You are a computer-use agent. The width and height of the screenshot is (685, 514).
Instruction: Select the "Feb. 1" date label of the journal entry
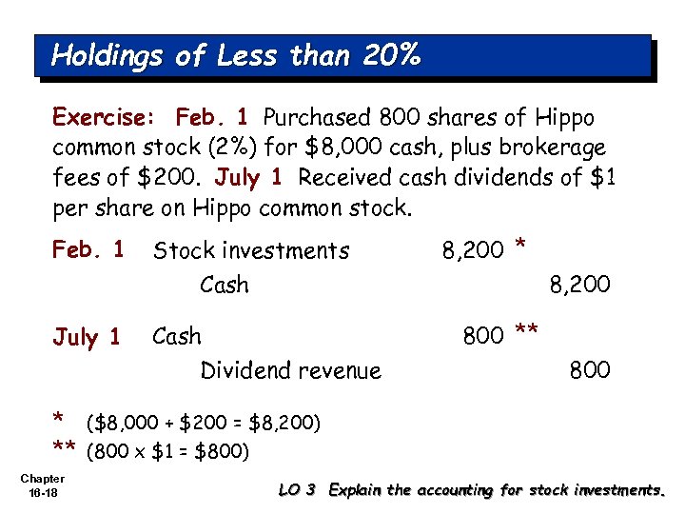[x=88, y=249]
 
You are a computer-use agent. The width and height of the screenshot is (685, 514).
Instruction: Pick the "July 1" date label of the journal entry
[x=87, y=336]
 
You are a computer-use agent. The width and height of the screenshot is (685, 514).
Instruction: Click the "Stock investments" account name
[x=251, y=250]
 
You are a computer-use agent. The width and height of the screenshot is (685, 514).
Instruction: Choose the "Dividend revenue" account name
[x=290, y=370]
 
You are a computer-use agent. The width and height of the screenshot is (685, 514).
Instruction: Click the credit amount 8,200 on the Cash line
[x=579, y=284]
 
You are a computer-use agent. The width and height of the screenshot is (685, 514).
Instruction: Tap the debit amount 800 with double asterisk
[x=483, y=335]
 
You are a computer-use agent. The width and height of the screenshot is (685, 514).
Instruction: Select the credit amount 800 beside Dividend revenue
[x=590, y=369]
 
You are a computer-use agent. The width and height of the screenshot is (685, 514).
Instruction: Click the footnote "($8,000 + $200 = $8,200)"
[x=204, y=421]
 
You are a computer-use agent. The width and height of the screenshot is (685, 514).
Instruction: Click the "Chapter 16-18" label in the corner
[x=42, y=485]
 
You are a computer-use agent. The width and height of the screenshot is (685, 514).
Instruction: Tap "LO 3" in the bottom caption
[x=297, y=490]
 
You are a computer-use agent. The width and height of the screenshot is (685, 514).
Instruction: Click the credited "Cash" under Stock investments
[x=225, y=284]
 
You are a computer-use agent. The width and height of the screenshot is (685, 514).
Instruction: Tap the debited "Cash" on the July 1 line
[x=177, y=336]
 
